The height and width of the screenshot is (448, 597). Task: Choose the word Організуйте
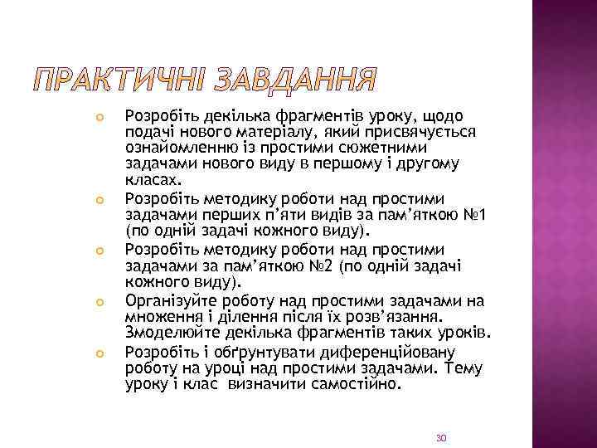coord(170,300)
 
